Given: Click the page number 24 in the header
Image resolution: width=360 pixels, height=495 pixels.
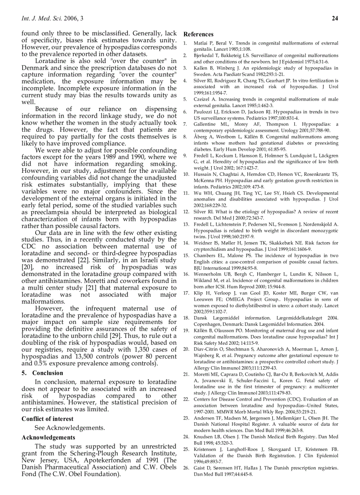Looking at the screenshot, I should pos(334,18).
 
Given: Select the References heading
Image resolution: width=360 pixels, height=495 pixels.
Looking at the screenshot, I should pos(199,34).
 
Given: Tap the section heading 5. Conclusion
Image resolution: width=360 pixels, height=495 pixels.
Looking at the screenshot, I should pos(42,372).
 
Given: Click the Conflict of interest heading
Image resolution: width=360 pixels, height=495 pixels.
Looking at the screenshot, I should pos(47,419).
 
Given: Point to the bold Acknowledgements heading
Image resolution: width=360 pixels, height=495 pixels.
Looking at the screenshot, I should pos(48,437).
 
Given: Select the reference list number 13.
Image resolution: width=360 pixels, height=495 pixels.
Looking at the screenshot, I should pos(186,225).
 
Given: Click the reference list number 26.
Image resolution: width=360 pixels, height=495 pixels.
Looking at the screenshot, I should pos(186,468).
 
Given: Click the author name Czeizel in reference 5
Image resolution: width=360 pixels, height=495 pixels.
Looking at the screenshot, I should pos(202,100).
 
